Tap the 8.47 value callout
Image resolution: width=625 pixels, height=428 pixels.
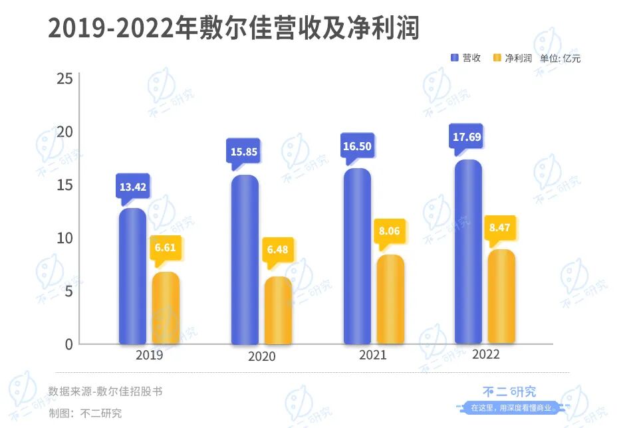coord(501,228)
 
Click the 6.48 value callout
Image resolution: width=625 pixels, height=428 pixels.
coord(278,251)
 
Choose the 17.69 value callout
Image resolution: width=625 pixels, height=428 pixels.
coord(467,138)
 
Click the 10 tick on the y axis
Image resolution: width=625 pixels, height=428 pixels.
coord(64,238)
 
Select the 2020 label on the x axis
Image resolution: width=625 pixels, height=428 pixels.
coord(261,357)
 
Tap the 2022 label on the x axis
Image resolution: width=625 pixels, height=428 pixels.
coord(485,355)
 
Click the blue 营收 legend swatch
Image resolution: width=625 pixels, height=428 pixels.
coord(455,58)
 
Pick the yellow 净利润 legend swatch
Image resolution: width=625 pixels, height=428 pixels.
coord(497,58)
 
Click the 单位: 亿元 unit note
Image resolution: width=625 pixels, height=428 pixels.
coord(560,58)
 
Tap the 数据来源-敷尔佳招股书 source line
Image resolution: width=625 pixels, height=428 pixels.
coord(105,391)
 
